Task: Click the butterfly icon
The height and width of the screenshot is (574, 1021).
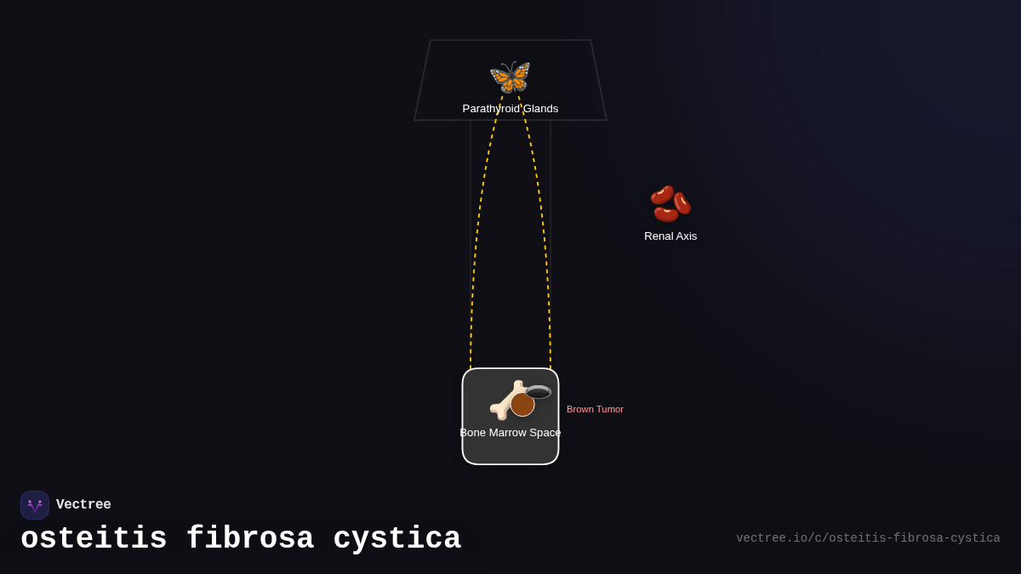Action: (510, 77)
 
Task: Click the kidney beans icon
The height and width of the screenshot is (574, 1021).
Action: (670, 204)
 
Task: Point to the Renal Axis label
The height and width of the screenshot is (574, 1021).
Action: (670, 236)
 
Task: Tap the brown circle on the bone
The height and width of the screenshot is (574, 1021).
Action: (522, 405)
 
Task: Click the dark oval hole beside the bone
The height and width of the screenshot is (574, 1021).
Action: (539, 392)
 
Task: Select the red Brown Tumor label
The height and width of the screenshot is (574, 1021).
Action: (595, 409)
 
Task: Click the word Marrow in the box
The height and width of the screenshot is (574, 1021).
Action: (510, 433)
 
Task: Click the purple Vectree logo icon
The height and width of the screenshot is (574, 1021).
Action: (35, 505)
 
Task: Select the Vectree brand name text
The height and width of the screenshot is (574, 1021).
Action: (83, 505)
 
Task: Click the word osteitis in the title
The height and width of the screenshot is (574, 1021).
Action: (94, 539)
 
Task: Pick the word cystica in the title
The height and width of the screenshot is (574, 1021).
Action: (397, 539)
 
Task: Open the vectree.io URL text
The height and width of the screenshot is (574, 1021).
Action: (868, 538)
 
